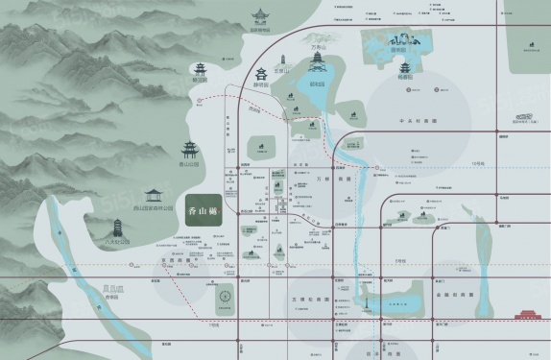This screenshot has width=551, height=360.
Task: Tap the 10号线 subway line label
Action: [x=477, y=163]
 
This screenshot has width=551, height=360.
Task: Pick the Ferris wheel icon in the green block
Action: [x=226, y=298]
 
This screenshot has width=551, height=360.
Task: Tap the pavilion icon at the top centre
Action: [x=258, y=16]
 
